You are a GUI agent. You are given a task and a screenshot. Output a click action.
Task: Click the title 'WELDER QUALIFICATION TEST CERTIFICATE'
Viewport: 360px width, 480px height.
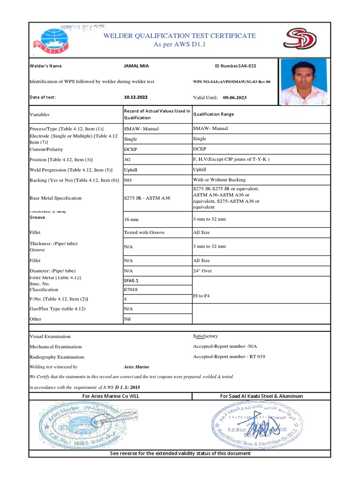(x=180, y=36)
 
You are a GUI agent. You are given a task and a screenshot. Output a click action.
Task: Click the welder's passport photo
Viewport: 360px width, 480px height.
(x=304, y=82)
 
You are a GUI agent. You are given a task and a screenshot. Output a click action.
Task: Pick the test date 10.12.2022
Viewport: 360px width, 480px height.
(x=135, y=97)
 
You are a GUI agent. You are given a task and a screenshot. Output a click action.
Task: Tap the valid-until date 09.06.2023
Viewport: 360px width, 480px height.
(x=235, y=97)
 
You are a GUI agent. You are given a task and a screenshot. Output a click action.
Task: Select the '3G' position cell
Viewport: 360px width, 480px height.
(x=127, y=159)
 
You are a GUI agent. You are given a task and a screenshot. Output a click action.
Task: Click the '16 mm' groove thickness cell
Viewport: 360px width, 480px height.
(x=132, y=219)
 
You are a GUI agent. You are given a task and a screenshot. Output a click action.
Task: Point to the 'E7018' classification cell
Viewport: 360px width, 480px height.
(x=131, y=290)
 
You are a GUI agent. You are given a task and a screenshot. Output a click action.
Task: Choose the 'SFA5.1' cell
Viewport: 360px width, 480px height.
(x=132, y=280)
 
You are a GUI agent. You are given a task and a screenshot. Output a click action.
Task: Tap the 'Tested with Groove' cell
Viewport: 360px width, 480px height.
(x=144, y=232)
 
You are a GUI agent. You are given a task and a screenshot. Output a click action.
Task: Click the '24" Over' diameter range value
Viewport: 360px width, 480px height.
(x=202, y=271)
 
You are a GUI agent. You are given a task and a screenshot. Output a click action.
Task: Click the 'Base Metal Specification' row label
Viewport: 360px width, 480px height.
(x=55, y=198)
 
